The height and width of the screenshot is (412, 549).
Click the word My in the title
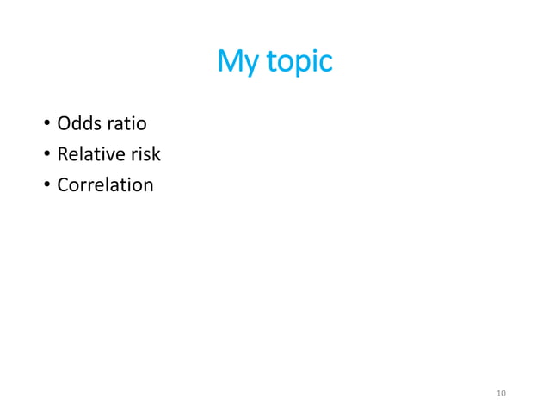click(234, 62)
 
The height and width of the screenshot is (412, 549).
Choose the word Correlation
click(105, 184)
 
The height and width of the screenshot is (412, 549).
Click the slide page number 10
click(502, 394)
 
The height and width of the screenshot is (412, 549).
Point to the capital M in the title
click(228, 61)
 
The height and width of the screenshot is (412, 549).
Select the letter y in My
click(244, 66)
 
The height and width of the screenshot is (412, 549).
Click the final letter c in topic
click(325, 64)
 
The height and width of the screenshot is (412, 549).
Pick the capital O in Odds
click(64, 124)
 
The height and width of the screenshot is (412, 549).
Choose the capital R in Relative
click(62, 154)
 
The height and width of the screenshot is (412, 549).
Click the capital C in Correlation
click(63, 184)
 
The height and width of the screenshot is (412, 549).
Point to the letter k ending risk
click(156, 154)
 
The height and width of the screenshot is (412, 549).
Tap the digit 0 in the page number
click(504, 394)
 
